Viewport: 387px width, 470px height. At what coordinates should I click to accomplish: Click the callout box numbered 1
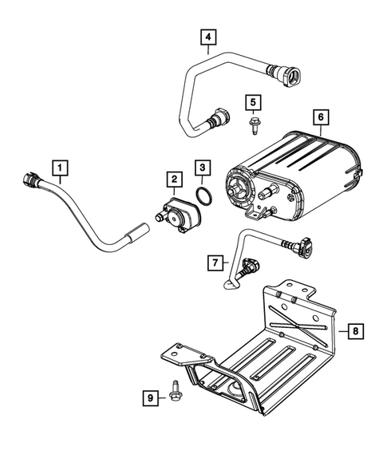(61, 168)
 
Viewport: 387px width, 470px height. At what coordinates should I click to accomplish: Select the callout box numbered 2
(172, 180)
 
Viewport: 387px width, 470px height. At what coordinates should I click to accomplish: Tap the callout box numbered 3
(203, 168)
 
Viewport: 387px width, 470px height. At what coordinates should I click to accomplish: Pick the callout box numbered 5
(251, 102)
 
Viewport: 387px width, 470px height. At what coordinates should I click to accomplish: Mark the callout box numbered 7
(214, 260)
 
